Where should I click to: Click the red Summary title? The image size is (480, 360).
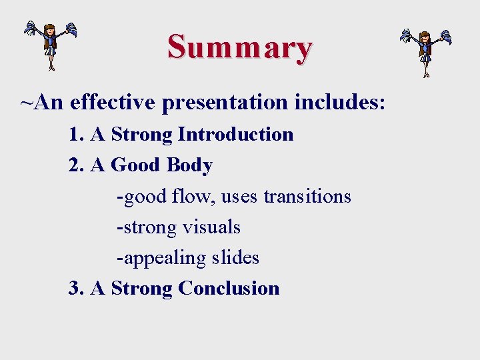click(240, 47)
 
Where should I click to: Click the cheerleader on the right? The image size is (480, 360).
click(425, 52)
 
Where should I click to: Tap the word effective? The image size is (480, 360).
click(112, 103)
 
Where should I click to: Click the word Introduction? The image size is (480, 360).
click(235, 134)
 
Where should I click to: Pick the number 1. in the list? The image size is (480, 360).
click(77, 134)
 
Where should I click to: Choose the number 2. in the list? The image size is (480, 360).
click(77, 165)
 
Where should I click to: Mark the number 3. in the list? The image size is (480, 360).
click(77, 288)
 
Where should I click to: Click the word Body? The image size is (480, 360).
click(189, 165)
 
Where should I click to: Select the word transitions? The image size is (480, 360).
click(307, 197)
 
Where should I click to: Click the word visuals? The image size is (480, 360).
click(209, 227)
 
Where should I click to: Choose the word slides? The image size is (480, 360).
click(235, 257)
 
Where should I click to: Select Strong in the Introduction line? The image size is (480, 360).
click(141, 135)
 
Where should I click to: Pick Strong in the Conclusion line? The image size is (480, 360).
click(141, 289)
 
